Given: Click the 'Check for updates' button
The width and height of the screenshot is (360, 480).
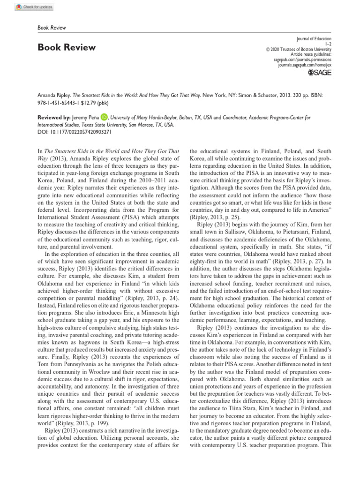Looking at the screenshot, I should tap(35, 7).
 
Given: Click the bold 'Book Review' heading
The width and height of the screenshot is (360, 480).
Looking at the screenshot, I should tap(66, 47).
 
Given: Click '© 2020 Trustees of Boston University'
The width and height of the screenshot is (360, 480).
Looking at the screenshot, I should tap(299, 49).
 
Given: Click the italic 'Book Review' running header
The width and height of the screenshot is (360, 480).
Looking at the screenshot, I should tap(52, 28).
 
